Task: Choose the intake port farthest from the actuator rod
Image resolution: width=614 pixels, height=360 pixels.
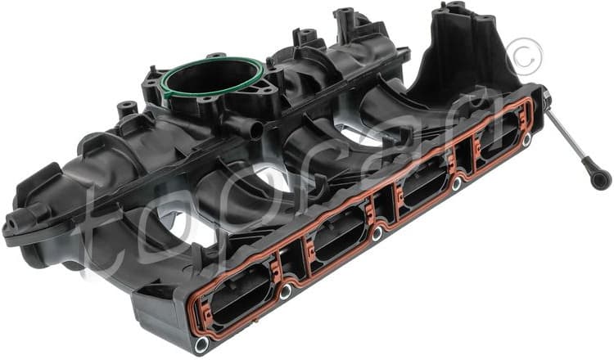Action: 237,295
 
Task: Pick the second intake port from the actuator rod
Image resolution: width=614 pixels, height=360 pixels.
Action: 425,189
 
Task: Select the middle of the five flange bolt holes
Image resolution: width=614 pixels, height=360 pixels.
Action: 376,234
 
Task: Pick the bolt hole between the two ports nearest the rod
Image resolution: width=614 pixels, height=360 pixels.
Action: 456,185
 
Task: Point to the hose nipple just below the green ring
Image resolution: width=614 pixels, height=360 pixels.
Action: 246,128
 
